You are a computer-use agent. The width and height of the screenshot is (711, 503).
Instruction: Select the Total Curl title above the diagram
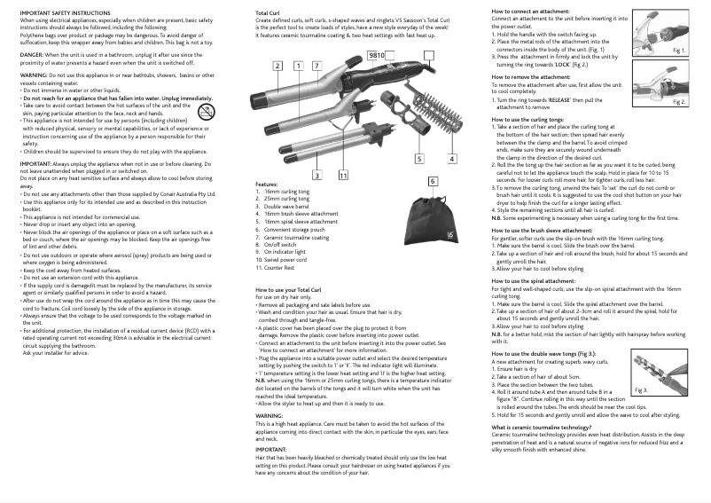click(x=268, y=13)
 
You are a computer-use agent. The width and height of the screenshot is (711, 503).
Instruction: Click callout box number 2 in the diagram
click(x=277, y=66)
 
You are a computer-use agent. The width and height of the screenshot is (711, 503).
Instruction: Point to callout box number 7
click(x=316, y=66)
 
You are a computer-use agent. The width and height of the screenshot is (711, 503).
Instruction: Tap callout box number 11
click(x=342, y=176)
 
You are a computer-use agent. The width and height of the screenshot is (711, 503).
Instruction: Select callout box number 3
click(x=316, y=176)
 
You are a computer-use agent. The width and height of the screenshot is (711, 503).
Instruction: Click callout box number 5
click(x=419, y=158)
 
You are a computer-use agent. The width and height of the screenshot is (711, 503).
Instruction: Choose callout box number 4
click(x=451, y=158)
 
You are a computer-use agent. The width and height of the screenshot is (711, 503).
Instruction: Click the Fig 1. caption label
click(x=679, y=51)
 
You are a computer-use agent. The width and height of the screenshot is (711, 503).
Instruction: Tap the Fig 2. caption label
click(x=679, y=102)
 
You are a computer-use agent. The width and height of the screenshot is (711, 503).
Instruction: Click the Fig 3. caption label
click(x=642, y=389)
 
